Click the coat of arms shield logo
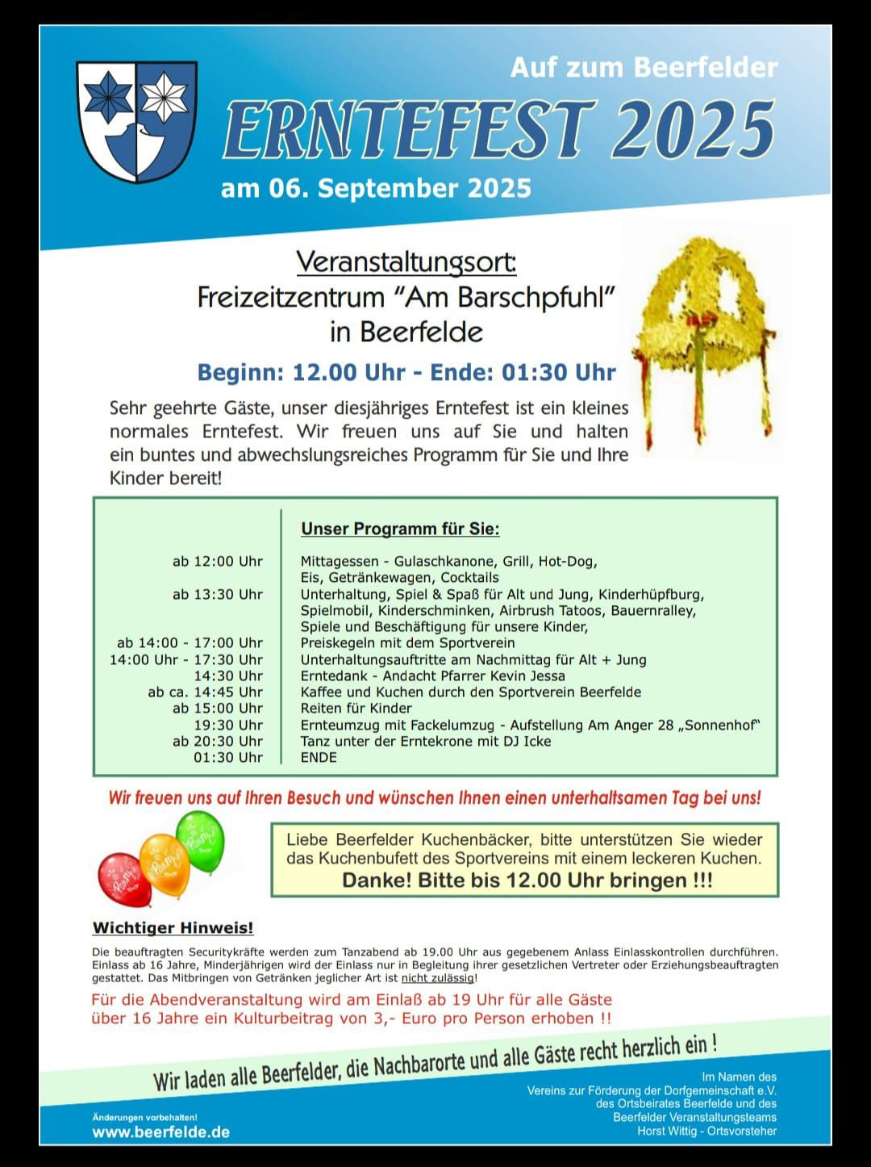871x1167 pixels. (x=136, y=121)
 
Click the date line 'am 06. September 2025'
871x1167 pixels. (x=376, y=188)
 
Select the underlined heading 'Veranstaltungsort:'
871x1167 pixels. (x=406, y=261)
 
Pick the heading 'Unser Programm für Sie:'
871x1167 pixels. (x=400, y=529)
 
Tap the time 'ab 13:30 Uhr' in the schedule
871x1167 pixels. (x=218, y=595)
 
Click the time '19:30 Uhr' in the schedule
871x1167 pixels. (x=228, y=725)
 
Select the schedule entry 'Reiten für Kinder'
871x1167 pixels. (x=356, y=709)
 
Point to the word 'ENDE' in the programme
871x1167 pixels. (x=319, y=757)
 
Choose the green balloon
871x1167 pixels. (x=201, y=841)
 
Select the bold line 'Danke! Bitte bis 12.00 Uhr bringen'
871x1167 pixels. (x=527, y=880)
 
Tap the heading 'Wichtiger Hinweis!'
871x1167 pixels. (x=173, y=928)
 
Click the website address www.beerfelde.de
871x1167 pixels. (x=161, y=1132)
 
